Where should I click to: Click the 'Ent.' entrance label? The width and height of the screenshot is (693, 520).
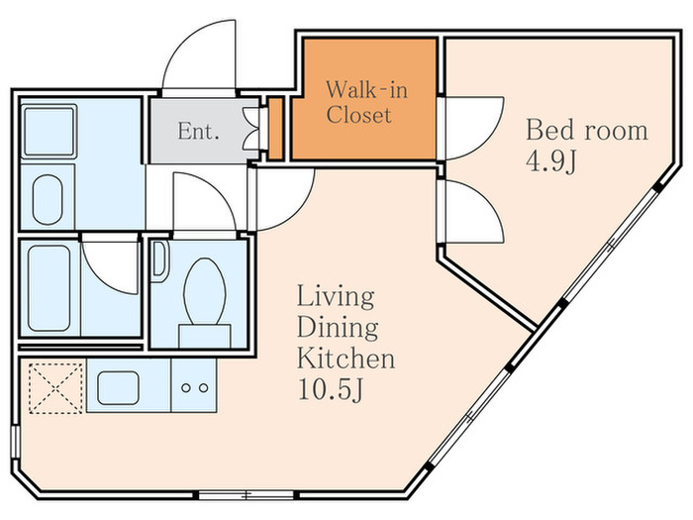tap(198, 132)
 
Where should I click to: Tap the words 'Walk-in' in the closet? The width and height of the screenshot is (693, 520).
tap(366, 90)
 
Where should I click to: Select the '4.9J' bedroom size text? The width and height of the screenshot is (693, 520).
tap(551, 161)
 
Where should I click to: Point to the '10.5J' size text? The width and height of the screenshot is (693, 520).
tap(331, 389)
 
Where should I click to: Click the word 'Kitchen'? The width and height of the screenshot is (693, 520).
tap(346, 359)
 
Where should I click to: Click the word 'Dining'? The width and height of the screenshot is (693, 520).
tap(338, 327)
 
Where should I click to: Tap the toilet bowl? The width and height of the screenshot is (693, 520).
tap(205, 292)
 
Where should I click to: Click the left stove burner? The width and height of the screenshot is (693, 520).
tap(186, 388)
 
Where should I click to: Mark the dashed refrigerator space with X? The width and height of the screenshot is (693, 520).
tap(56, 388)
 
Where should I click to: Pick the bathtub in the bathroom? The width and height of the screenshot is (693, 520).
tap(49, 288)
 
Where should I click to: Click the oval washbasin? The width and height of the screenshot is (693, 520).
tap(48, 199)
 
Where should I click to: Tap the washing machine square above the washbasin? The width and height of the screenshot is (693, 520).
tap(49, 131)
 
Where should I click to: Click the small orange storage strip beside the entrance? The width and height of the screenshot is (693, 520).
tap(276, 129)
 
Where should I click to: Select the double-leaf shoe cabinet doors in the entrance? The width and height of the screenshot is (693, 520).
tap(252, 129)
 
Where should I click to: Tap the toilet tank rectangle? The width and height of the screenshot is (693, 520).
tap(205, 336)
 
